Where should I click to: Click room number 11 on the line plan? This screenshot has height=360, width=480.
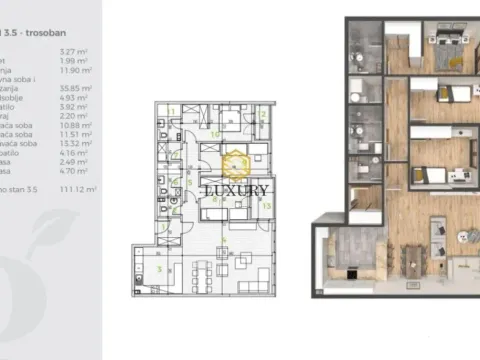(x=172, y=110)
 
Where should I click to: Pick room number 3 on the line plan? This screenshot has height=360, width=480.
(x=158, y=268)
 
